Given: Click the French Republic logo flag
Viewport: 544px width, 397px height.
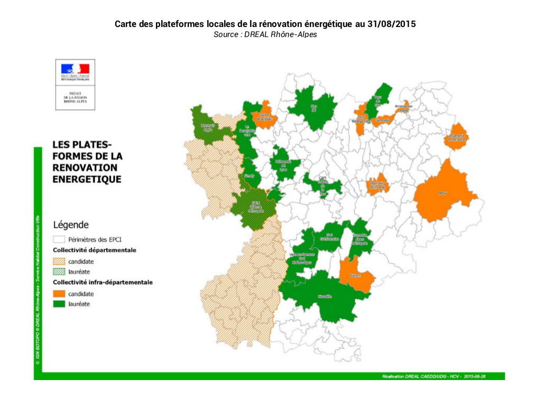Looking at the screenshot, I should [x=75, y=69].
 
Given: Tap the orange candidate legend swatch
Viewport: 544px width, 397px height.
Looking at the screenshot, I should [x=59, y=293].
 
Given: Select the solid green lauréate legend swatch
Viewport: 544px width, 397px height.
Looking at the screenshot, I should [x=59, y=304].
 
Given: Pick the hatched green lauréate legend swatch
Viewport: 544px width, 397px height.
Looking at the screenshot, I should [x=59, y=272].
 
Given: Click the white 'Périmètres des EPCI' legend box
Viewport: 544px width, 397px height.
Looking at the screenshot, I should [x=59, y=239].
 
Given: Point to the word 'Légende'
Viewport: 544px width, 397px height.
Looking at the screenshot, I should [x=70, y=224].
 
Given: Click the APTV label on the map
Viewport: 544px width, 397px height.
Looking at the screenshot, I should [x=442, y=193].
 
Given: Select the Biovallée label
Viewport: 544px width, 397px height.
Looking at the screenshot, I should [x=325, y=296].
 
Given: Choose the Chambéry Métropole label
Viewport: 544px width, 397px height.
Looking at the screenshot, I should [x=377, y=186].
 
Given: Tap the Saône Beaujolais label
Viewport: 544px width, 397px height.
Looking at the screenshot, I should [x=265, y=118].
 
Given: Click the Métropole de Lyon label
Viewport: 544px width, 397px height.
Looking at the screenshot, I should [x=283, y=164].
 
